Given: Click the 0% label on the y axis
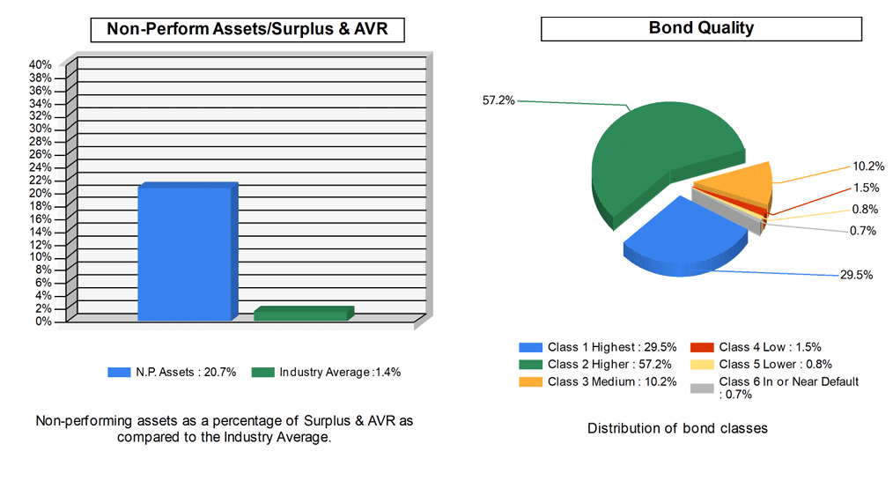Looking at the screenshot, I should click(x=44, y=322).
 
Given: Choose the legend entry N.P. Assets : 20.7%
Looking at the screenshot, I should click(x=172, y=373).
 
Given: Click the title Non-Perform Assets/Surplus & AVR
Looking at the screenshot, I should click(x=247, y=29).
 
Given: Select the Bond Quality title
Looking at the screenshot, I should click(x=701, y=28).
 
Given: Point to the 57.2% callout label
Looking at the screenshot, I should click(x=498, y=100).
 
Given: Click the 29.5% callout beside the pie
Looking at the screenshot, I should click(x=856, y=275).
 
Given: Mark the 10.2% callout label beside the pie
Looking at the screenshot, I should click(x=868, y=166).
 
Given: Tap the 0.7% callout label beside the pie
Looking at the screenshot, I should click(x=864, y=231).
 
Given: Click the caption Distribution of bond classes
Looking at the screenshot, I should click(x=677, y=429).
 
